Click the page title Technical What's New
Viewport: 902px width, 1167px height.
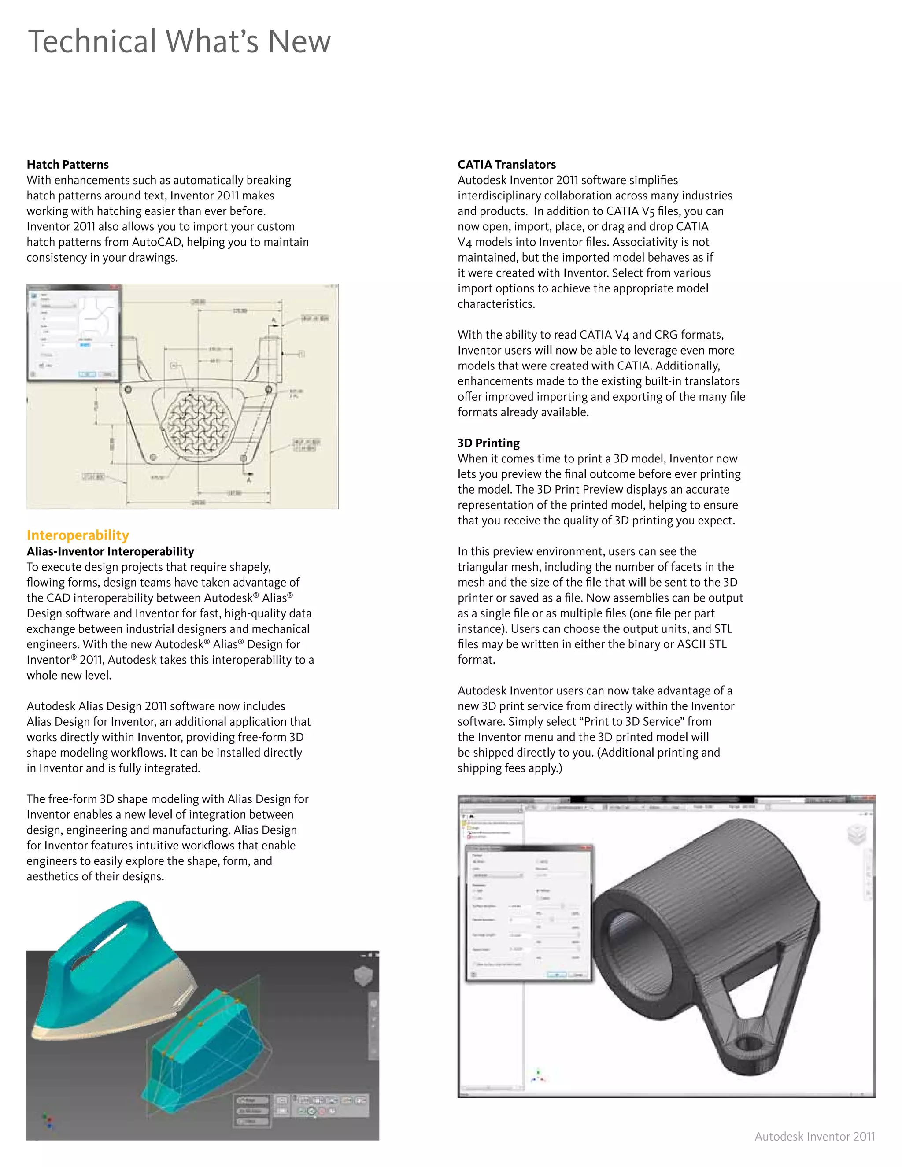(179, 42)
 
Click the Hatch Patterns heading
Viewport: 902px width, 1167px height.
(68, 165)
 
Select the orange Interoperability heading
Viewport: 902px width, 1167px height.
(78, 535)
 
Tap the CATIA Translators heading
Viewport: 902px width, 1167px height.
(506, 165)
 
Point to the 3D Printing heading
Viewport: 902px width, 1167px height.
(488, 443)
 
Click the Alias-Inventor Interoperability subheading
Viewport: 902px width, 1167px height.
(110, 551)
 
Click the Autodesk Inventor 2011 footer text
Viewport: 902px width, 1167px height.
(814, 1136)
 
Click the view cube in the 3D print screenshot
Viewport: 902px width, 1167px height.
(856, 834)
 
